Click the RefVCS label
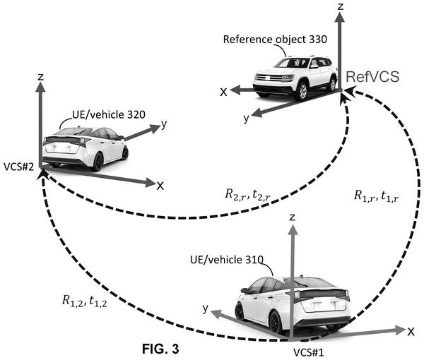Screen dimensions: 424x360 pyautogui.click(x=372, y=77)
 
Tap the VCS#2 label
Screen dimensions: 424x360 pyautogui.click(x=19, y=167)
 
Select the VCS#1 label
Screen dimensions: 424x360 pyautogui.click(x=309, y=352)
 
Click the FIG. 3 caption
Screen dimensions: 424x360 pyautogui.click(x=160, y=349)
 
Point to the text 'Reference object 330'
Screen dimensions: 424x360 pyautogui.click(x=275, y=40)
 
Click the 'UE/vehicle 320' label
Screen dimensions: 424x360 pyautogui.click(x=109, y=114)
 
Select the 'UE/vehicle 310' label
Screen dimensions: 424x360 pyautogui.click(x=227, y=260)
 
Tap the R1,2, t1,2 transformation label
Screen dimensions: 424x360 pyautogui.click(x=84, y=301)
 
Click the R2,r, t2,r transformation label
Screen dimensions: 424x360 pyautogui.click(x=247, y=195)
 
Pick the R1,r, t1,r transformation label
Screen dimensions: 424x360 pyautogui.click(x=377, y=196)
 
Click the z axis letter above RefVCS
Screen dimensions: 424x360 pyautogui.click(x=341, y=6)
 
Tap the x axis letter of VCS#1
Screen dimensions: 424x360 pyautogui.click(x=411, y=332)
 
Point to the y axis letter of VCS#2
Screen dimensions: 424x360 pyautogui.click(x=164, y=124)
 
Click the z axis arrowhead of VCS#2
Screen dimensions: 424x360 pyautogui.click(x=40, y=87)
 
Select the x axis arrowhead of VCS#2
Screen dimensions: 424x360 pyautogui.click(x=151, y=183)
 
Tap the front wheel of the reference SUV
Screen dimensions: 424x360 pyautogui.click(x=302, y=91)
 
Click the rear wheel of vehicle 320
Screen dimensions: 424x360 pyautogui.click(x=98, y=162)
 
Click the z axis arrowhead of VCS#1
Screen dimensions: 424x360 pyautogui.click(x=292, y=230)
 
